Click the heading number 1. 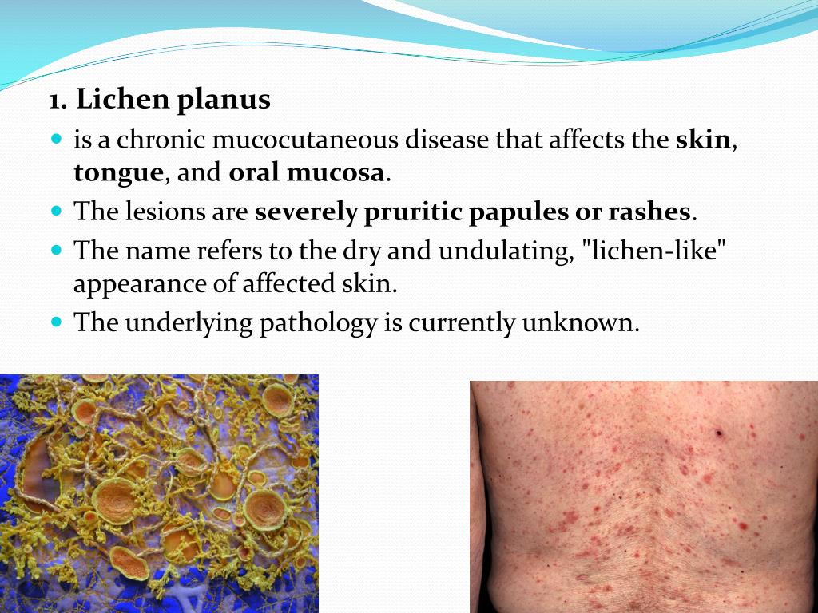(57, 101)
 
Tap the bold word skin (703, 140)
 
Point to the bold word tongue (118, 174)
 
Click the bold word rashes (650, 212)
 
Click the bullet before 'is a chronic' (56, 139)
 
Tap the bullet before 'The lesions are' (56, 211)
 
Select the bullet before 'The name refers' (56, 249)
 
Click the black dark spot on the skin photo (718, 433)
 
